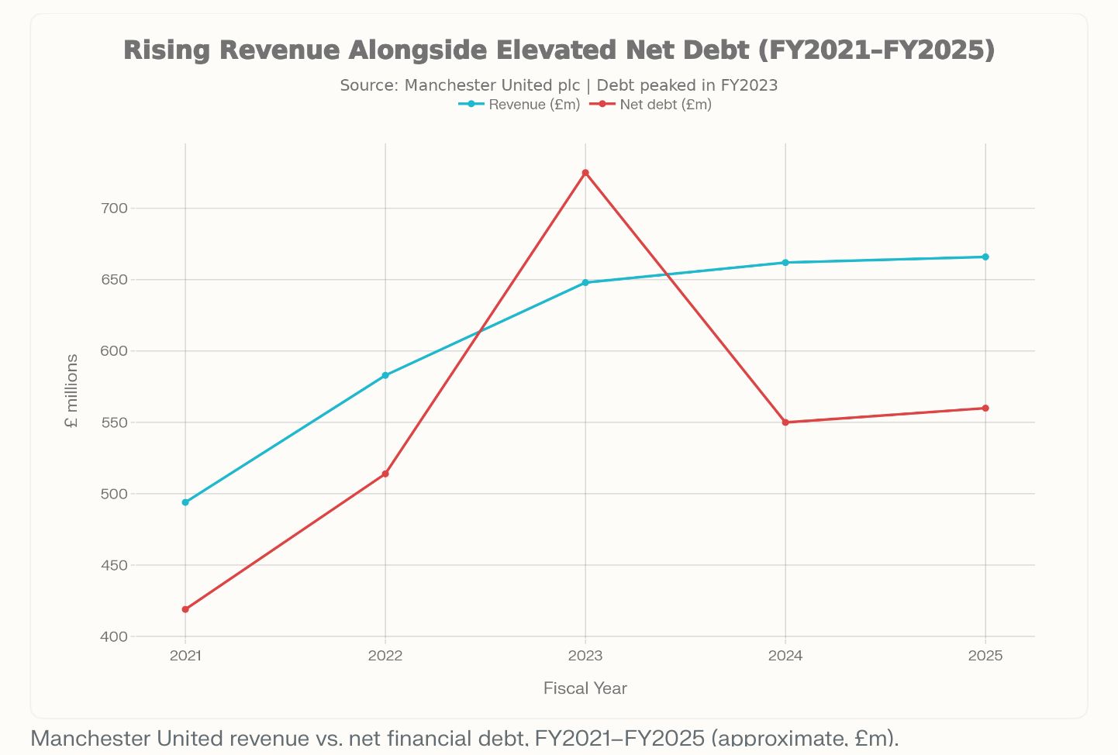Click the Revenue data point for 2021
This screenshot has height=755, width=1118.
pos(185,502)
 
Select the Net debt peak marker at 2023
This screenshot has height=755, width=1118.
pos(585,173)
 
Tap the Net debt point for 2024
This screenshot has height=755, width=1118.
pos(785,422)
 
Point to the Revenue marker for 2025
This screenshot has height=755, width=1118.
pos(985,257)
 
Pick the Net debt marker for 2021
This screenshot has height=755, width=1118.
pos(185,609)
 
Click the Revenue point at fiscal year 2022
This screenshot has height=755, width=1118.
pos(385,375)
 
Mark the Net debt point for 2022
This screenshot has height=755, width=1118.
pos(385,474)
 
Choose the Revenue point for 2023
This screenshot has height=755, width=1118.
pos(585,282)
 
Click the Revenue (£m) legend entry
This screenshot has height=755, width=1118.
pos(519,105)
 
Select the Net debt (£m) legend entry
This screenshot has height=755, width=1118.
pos(651,105)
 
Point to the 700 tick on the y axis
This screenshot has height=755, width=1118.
pos(113,209)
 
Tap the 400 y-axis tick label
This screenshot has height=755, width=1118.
pos(113,636)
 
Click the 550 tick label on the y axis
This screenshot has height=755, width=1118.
pos(113,422)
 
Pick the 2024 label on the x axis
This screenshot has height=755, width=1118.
pos(785,656)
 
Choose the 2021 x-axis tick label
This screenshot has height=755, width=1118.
pos(185,656)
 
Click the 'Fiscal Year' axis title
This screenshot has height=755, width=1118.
pos(585,688)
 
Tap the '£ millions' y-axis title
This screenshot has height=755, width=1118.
pos(72,391)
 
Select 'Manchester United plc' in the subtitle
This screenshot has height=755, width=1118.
pos(492,85)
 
